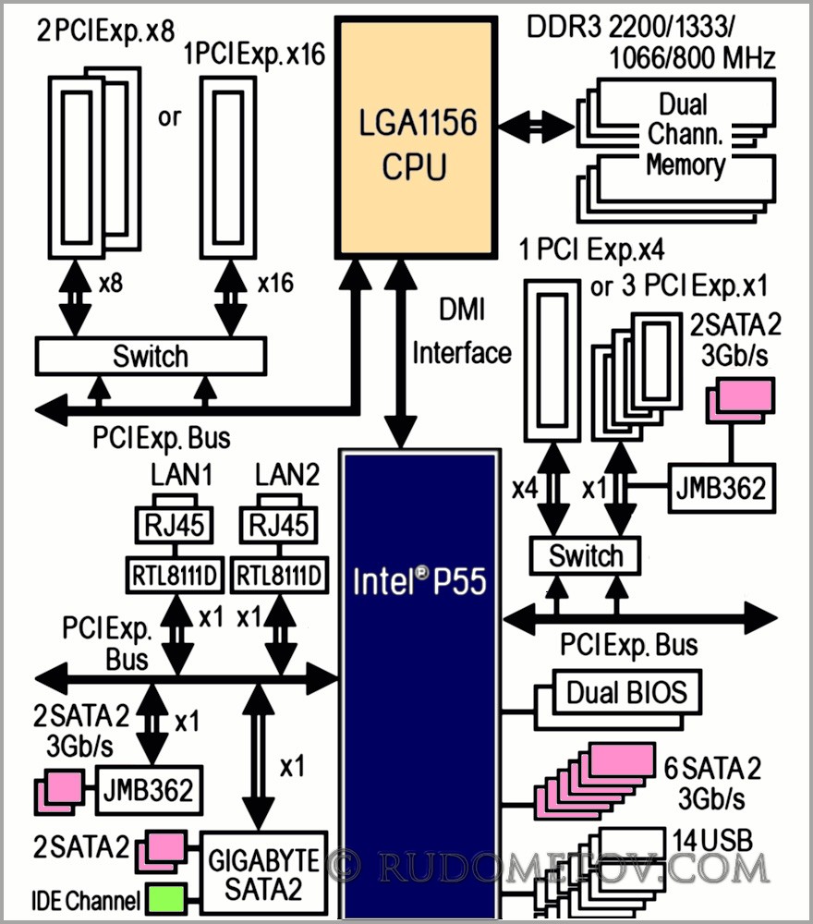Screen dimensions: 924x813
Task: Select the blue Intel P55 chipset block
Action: [x=419, y=684]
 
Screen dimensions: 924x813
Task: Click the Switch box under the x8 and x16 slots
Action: [x=150, y=356]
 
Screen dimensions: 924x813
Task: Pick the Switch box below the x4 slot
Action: [x=586, y=556]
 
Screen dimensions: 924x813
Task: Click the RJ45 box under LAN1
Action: [x=174, y=527]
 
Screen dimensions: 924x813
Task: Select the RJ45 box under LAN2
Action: [x=279, y=527]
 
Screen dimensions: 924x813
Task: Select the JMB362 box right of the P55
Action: [x=719, y=488]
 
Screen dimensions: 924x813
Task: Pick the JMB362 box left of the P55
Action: [x=146, y=790]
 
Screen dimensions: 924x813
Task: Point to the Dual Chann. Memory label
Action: [x=685, y=134]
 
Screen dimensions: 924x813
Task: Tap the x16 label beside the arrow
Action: [x=274, y=283]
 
